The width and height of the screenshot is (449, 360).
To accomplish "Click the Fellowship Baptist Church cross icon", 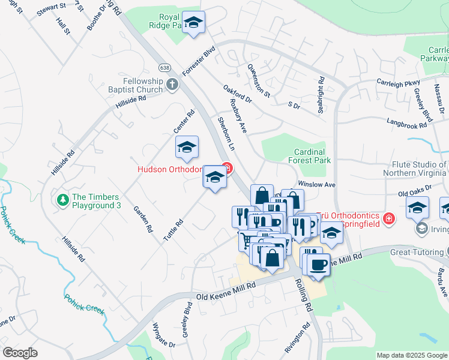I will coord(172,84).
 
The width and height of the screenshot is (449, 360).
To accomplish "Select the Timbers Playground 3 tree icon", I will coord(62,199).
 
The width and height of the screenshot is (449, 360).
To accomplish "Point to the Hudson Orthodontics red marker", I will coord(226,168).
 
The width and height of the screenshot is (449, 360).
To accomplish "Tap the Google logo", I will coord(20,353).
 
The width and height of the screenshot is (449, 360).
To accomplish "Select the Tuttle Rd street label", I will coord(173,230).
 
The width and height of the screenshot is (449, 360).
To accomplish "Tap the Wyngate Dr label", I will coord(164,344).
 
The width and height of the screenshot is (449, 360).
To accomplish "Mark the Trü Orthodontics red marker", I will coord(388,218).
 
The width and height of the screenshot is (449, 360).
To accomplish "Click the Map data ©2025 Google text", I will coord(411,355).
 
